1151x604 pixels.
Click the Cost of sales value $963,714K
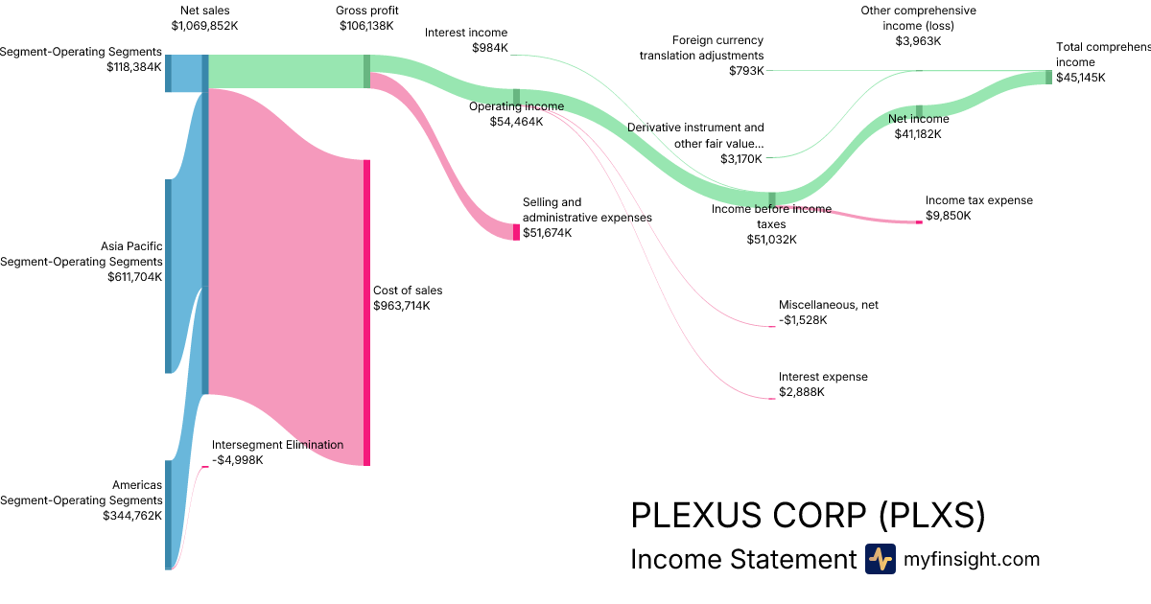(401, 306)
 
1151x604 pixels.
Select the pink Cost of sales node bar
(366, 313)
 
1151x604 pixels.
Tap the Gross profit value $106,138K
(366, 26)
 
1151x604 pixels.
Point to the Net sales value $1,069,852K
(205, 26)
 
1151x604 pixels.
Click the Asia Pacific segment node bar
(168, 276)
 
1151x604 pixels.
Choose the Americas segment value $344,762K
(132, 516)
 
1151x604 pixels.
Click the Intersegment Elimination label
(277, 445)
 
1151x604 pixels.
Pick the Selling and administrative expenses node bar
(516, 232)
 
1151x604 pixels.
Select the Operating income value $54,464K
(516, 122)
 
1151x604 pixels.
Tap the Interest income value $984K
(489, 48)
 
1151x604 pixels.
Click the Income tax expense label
(979, 200)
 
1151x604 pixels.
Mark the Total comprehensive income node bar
(1048, 77)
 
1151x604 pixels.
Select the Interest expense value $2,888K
(802, 392)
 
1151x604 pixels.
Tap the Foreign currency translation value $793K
(746, 71)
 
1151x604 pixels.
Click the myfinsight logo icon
(881, 559)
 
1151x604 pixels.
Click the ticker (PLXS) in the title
(932, 516)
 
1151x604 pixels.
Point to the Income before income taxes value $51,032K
(771, 240)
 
